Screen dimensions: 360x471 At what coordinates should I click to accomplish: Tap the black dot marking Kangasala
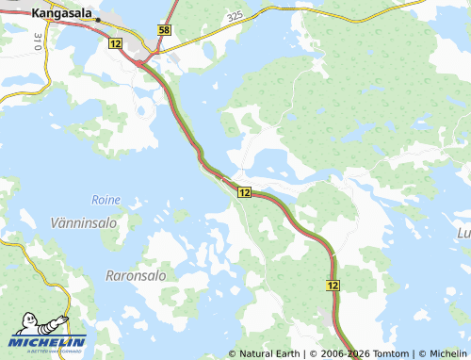click(x=98, y=19)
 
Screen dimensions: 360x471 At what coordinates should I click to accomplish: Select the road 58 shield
click(x=165, y=31)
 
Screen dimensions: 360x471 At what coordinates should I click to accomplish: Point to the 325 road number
click(x=235, y=17)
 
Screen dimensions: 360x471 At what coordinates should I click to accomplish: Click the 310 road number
click(x=37, y=41)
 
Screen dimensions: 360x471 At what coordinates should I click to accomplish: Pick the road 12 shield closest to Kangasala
click(x=115, y=44)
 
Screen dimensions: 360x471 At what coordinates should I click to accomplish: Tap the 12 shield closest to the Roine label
click(x=244, y=192)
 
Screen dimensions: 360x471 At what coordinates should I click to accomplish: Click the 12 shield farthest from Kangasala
click(x=333, y=284)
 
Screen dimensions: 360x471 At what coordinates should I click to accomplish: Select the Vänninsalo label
click(x=79, y=222)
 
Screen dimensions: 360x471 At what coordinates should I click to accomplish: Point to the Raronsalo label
click(x=130, y=276)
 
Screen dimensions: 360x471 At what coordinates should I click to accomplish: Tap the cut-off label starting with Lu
click(x=463, y=232)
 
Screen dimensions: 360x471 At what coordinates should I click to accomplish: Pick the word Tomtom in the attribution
click(x=391, y=353)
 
